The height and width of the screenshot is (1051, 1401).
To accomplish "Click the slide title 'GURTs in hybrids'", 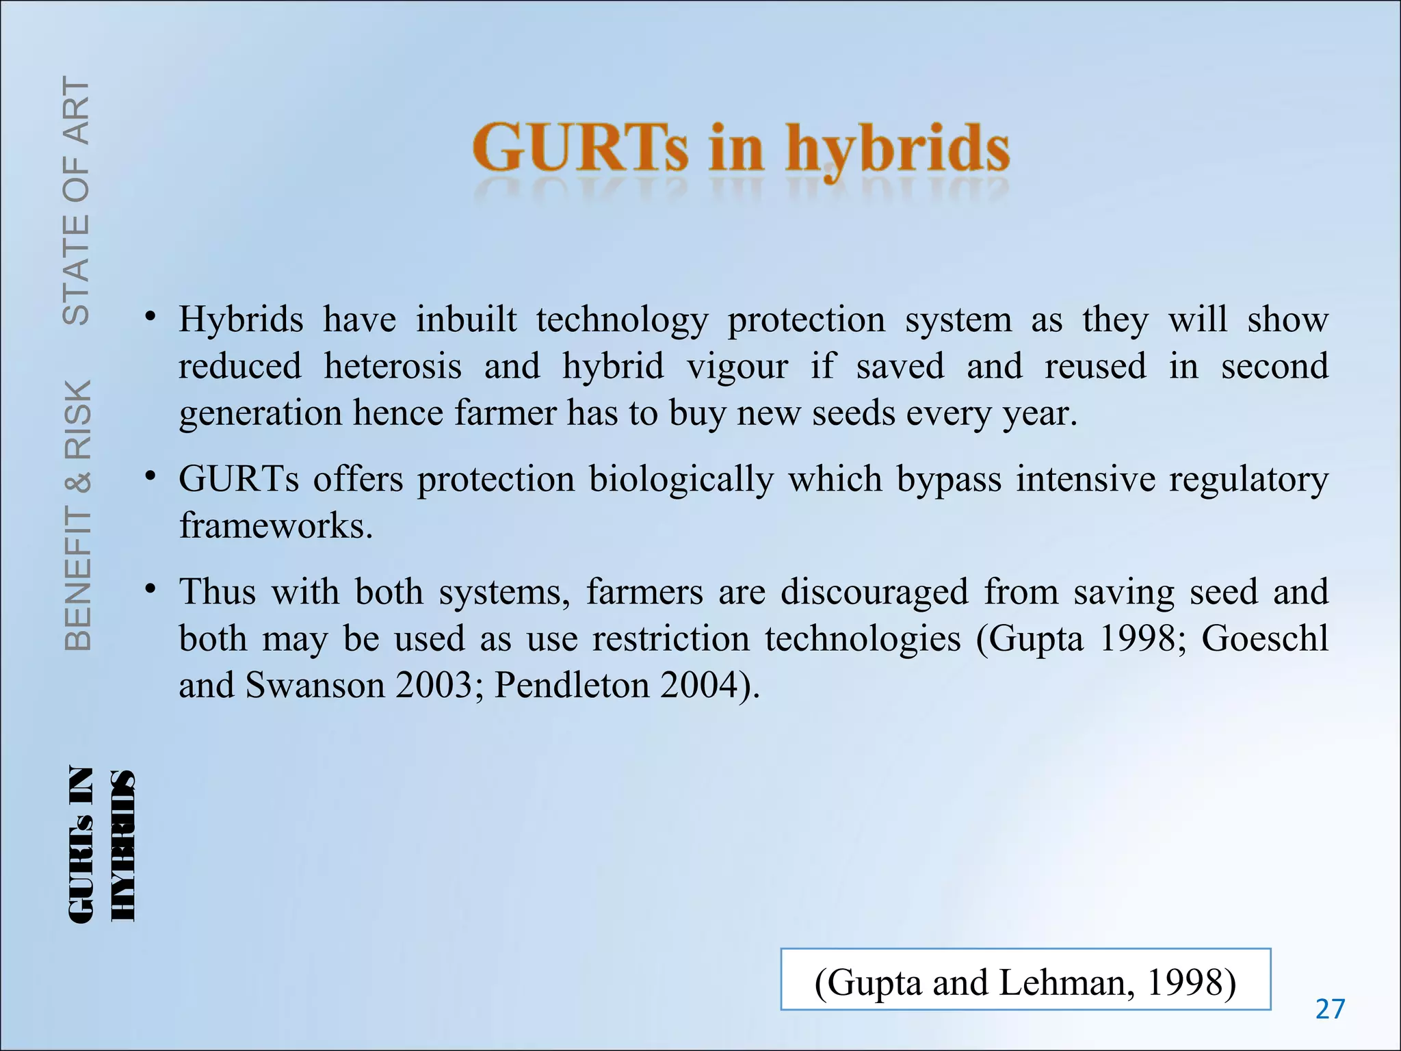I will (x=741, y=148).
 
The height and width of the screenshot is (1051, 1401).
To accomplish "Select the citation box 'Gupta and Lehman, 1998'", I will (x=1025, y=980).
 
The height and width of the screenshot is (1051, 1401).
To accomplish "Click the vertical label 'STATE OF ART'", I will (x=77, y=200).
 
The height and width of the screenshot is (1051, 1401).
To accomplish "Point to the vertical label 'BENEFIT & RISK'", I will (x=78, y=515).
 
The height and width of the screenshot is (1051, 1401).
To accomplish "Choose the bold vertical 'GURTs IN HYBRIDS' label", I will (x=101, y=844).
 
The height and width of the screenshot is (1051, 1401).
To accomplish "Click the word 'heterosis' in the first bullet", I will (x=393, y=366).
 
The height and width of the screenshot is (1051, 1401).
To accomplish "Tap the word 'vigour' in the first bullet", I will (x=737, y=366).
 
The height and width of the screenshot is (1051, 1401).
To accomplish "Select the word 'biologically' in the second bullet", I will (x=681, y=479).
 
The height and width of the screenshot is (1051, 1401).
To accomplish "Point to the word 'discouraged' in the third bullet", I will (x=874, y=591).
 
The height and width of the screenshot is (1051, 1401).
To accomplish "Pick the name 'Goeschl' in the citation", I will (x=1265, y=638).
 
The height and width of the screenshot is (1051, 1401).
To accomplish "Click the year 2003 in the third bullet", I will (x=434, y=685).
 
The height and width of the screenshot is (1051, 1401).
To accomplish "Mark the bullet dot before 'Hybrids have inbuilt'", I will (x=150, y=317).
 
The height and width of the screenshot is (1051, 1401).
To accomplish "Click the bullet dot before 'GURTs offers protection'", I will (x=150, y=476).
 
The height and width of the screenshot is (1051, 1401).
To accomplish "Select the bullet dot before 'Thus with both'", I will (x=150, y=588).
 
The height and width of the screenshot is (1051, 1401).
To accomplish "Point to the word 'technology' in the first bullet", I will (x=622, y=320).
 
